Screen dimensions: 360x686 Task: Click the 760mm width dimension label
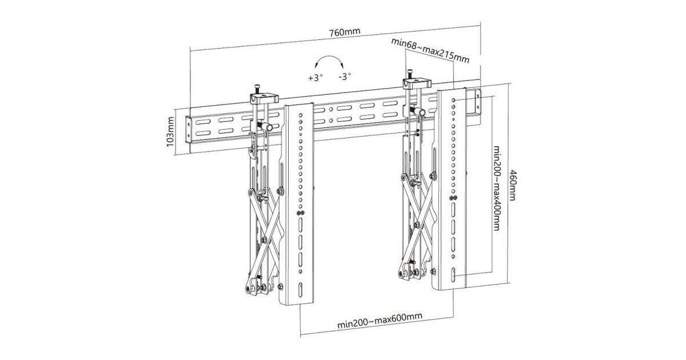click(345, 31)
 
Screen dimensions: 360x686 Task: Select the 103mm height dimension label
click(170, 133)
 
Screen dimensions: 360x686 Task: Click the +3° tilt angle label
click(315, 77)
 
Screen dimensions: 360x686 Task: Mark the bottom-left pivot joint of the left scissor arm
click(249, 289)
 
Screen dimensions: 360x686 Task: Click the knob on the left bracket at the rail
click(266, 126)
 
